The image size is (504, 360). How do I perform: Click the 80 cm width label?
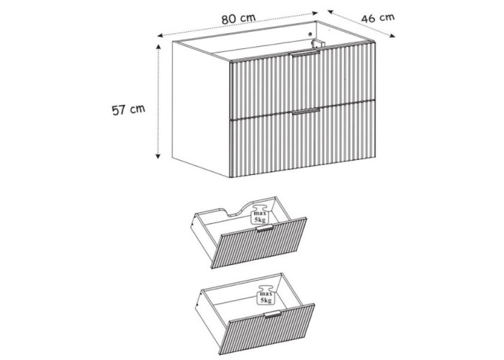(238, 19)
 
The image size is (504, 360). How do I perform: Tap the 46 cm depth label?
(378, 18)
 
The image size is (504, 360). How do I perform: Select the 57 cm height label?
(128, 109)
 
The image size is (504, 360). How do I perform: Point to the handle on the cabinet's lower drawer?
(306, 111)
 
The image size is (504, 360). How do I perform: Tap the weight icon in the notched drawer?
(260, 214)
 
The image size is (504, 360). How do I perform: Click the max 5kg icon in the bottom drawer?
(266, 294)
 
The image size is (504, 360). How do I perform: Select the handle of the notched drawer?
(264, 228)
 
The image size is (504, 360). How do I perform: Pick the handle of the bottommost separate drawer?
(273, 315)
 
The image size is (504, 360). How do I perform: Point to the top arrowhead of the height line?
(158, 47)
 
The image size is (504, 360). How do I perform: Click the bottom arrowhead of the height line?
(158, 156)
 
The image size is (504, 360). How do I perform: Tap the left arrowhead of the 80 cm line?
(160, 36)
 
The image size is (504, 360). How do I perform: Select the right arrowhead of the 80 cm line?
(315, 13)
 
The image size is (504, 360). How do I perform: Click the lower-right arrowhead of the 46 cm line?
(392, 36)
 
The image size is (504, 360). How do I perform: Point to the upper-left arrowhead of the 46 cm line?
(330, 12)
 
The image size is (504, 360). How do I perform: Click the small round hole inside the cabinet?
(310, 34)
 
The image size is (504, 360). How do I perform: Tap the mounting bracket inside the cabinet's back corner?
(318, 44)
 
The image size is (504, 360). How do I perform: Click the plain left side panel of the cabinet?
(201, 109)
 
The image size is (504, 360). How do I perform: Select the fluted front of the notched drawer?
(259, 243)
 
